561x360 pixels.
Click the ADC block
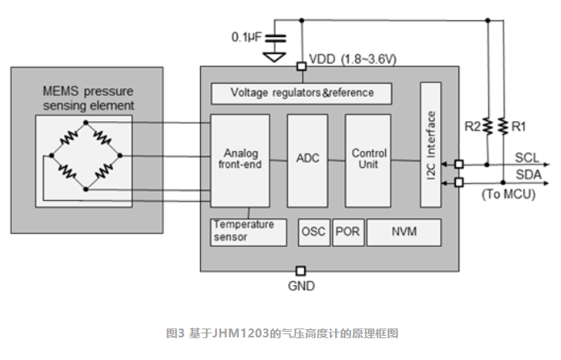click(308, 159)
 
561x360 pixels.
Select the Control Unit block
click(368, 159)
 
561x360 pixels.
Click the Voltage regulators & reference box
click(301, 93)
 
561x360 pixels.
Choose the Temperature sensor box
click(249, 231)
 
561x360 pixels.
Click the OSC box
click(312, 232)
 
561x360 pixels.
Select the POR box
click(347, 232)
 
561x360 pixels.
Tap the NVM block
click(404, 232)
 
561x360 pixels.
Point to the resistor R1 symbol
click(502, 126)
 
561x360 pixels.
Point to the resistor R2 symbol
click(488, 126)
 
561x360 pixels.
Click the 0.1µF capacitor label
click(244, 37)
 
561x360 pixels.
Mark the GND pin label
click(301, 286)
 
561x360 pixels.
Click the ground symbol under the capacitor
click(274, 57)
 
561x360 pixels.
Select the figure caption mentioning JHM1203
click(280, 333)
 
